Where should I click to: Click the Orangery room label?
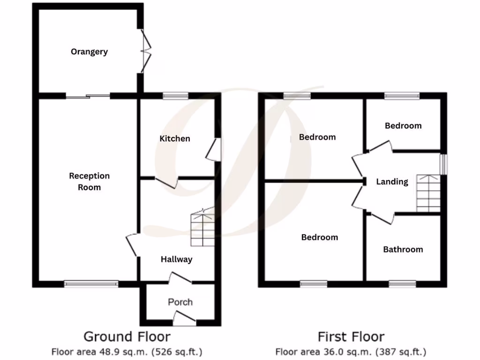point(89,52)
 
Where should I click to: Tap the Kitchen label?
point(175,138)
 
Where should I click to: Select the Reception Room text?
point(89,181)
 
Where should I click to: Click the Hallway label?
point(176,259)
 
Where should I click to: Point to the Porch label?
point(180,302)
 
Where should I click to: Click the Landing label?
point(392,181)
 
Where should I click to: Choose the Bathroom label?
point(403,249)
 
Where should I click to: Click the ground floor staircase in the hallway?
point(202,230)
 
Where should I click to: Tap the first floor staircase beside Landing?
point(428,193)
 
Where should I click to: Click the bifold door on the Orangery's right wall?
point(147,52)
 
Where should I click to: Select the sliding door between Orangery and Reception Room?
point(88,96)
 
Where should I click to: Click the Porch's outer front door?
point(184,321)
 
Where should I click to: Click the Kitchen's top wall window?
point(175,96)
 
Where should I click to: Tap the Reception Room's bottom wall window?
point(91,283)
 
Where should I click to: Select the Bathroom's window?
point(402,284)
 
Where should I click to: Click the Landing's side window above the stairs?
point(443,164)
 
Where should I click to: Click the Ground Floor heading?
point(127,337)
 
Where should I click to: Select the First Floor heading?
point(351,337)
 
